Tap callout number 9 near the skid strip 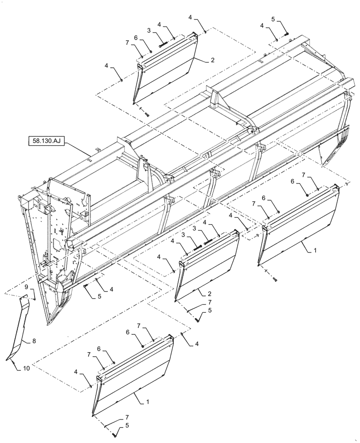click(26, 287)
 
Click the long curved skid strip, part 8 click(20, 330)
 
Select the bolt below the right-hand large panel click(275, 279)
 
